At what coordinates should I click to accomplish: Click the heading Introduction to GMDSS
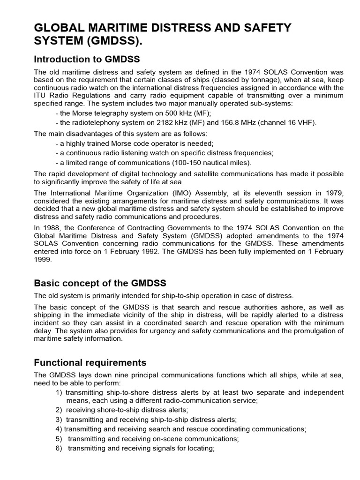pos(87,59)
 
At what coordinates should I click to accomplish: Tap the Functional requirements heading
pos(90,362)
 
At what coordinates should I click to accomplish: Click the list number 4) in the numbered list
pos(59,428)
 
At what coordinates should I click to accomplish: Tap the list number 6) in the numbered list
pos(59,448)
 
